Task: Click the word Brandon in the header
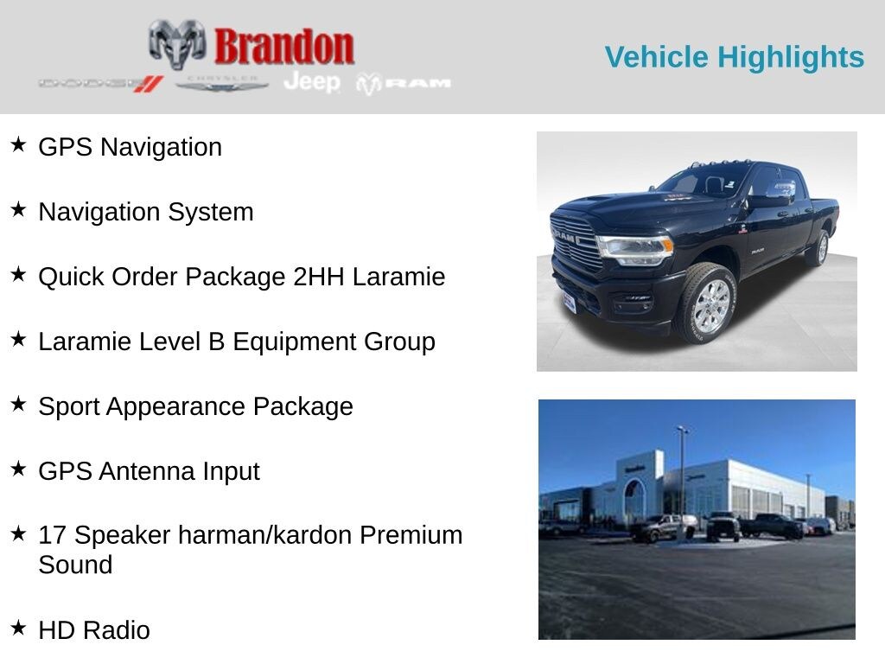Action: coord(283,46)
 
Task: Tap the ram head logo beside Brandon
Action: coord(177,42)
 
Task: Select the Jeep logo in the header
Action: coord(312,82)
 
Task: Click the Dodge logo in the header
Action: coord(100,84)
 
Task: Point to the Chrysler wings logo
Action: coord(222,84)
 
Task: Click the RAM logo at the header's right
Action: coord(404,83)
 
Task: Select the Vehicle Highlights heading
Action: coord(734,57)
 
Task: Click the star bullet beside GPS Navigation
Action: coord(18,144)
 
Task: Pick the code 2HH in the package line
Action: coord(316,277)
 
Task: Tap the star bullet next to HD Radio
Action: coord(18,628)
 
